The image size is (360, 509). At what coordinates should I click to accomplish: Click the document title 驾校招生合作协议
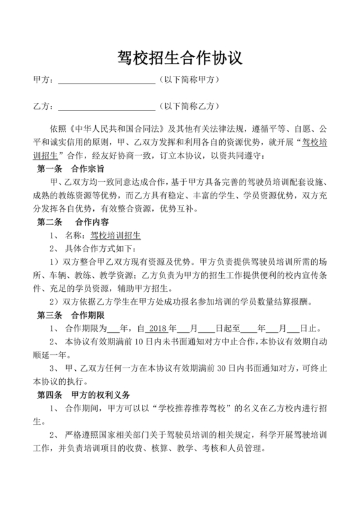click(x=180, y=58)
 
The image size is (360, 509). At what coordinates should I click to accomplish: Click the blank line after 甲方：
click(x=107, y=81)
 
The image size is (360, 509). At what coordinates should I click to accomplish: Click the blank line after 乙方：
click(x=107, y=106)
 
